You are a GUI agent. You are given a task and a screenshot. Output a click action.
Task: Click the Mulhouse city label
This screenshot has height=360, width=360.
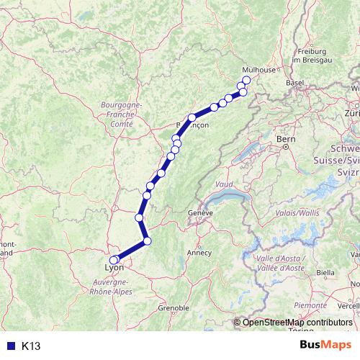click(259, 70)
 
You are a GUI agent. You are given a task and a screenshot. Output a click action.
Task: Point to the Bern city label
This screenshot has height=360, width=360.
click(287, 138)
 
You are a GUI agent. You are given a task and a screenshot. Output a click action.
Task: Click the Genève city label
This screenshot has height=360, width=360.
click(201, 214)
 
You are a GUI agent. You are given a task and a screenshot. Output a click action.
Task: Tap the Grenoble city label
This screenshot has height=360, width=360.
click(173, 307)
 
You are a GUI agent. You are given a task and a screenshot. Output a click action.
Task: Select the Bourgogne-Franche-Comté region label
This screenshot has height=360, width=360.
click(122, 114)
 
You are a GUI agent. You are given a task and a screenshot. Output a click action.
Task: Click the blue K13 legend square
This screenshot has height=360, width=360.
click(9, 346)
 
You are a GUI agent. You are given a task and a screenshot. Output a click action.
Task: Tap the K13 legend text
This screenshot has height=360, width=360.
click(31, 346)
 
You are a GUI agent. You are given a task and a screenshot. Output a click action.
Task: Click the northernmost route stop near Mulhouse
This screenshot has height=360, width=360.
click(246, 80)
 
